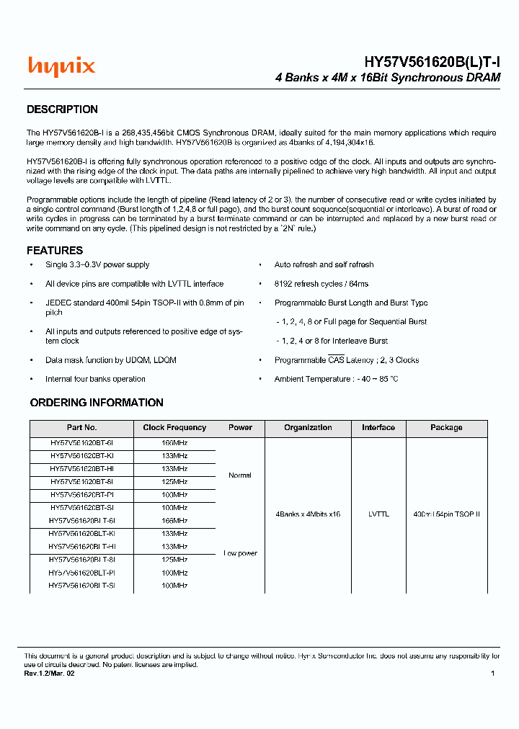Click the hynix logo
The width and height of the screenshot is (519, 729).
[61, 67]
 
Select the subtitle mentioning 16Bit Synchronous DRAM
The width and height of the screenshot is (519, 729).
[388, 78]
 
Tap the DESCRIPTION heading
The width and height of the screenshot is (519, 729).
[62, 109]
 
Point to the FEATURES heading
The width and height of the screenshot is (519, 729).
[55, 251]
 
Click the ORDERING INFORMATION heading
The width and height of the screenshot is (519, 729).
[97, 403]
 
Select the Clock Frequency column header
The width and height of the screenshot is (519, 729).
[174, 428]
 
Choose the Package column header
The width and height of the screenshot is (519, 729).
[446, 428]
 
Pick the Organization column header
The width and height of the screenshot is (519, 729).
[308, 428]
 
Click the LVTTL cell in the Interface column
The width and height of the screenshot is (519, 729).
[378, 514]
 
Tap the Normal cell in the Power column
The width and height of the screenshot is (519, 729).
[240, 475]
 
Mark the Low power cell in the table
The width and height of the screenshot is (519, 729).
[240, 553]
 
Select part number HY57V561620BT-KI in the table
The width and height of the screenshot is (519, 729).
[81, 456]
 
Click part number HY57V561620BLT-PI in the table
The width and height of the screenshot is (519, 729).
[81, 573]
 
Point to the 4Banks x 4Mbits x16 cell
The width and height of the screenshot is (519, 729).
[308, 514]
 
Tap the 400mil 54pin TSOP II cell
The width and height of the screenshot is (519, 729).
[446, 514]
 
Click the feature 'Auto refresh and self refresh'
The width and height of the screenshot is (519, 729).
[324, 265]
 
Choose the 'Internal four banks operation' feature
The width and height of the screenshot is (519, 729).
[95, 379]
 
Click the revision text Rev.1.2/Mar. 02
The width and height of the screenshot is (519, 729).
[48, 674]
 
